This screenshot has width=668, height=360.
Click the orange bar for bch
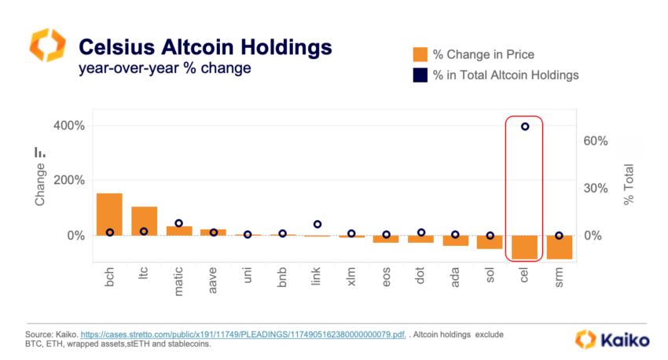click(x=109, y=214)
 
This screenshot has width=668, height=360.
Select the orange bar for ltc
click(x=144, y=221)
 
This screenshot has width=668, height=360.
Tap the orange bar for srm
click(x=559, y=247)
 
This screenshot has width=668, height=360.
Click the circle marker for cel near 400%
click(x=525, y=127)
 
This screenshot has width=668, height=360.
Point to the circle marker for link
click(x=317, y=225)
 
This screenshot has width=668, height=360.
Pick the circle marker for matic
click(x=178, y=223)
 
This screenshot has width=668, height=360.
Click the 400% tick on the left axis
click(x=70, y=126)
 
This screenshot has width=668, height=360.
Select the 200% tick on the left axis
click(x=70, y=180)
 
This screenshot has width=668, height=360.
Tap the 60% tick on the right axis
click(x=595, y=141)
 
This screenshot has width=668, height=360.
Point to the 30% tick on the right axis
click(x=595, y=189)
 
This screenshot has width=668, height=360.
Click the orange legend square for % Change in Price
click(x=420, y=54)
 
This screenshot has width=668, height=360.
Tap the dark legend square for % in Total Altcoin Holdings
click(x=420, y=75)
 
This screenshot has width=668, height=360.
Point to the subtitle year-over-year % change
click(x=164, y=68)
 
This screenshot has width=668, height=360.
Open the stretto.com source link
click(x=248, y=335)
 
